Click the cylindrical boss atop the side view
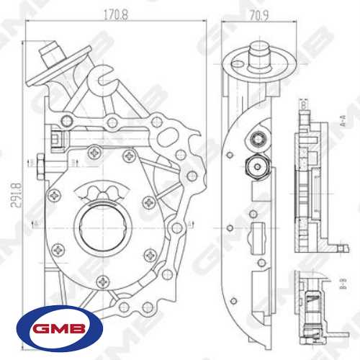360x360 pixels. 260,53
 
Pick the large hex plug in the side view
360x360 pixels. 256,166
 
